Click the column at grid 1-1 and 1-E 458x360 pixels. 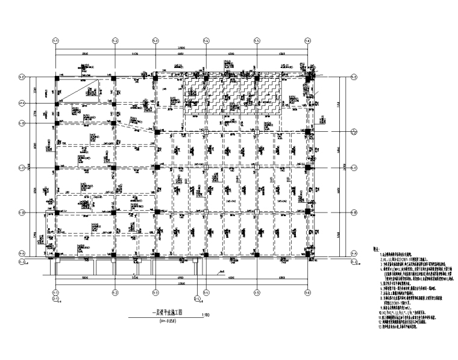[55, 77]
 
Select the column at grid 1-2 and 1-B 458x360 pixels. [114, 212]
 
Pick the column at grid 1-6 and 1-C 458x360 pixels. [307, 167]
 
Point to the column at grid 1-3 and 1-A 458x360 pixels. [155, 253]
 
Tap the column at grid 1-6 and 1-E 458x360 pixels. [307, 77]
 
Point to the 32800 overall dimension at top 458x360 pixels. [181, 48]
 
